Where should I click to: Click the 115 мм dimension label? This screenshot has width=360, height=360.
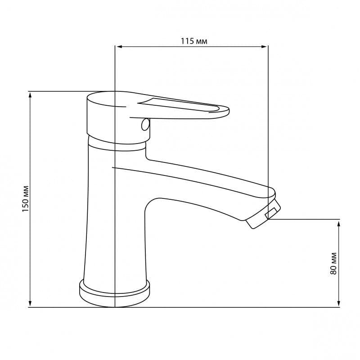pyautogui.click(x=194, y=41)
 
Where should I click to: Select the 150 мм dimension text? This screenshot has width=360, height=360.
pyautogui.click(x=26, y=199)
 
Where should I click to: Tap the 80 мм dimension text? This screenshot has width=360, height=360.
pyautogui.click(x=333, y=263)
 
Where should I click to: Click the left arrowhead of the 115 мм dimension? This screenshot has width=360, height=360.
pyautogui.click(x=119, y=47)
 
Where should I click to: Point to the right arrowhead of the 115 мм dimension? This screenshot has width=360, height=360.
pyautogui.click(x=264, y=47)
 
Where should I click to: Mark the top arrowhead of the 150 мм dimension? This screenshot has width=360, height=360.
pyautogui.click(x=30, y=95)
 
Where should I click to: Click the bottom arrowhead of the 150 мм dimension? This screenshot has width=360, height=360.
pyautogui.click(x=30, y=303)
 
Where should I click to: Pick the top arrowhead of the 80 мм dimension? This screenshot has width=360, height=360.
pyautogui.click(x=339, y=223)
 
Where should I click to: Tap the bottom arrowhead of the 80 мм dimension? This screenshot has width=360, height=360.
pyautogui.click(x=339, y=303)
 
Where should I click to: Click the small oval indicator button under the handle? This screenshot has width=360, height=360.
pyautogui.click(x=145, y=125)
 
